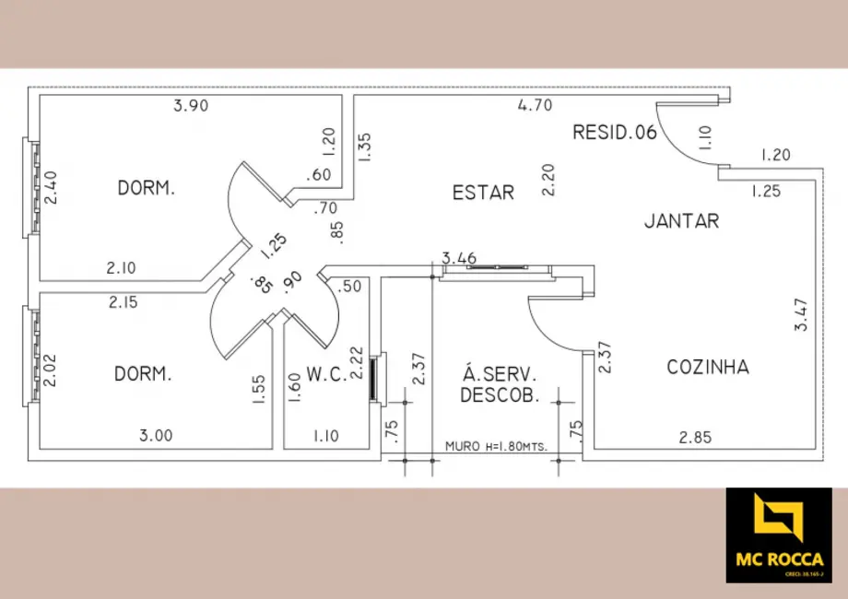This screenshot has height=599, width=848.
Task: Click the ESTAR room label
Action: point(483,193)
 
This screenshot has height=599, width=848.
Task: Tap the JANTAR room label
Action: point(681,221)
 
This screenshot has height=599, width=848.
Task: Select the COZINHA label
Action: point(708,368)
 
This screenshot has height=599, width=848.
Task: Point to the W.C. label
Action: point(325,374)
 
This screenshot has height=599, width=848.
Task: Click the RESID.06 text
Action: point(615,132)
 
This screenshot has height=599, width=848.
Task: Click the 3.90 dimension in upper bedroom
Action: point(191,105)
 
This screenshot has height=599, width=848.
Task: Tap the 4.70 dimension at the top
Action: point(535,105)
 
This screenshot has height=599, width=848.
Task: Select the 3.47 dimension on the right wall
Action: point(803,314)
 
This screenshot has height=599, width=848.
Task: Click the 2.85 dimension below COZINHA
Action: point(694,438)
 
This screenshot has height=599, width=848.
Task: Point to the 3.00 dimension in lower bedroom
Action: point(156,436)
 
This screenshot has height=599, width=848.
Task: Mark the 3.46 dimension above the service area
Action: point(459,258)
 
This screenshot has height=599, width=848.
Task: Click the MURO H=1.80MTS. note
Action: point(496,446)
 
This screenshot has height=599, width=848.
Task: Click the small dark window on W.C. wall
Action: point(373,377)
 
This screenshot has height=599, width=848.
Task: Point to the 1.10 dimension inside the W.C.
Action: point(326,436)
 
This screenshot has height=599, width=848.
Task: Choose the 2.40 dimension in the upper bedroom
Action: point(52,188)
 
